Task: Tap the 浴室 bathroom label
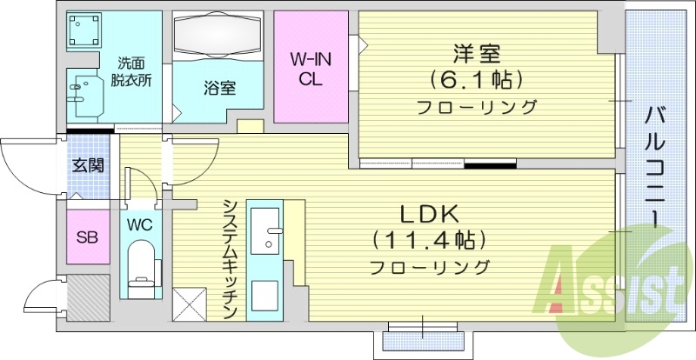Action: pyautogui.click(x=218, y=88)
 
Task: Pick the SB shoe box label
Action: pyautogui.click(x=87, y=237)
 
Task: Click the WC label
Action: pyautogui.click(x=140, y=224)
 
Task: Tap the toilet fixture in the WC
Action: pyautogui.click(x=140, y=265)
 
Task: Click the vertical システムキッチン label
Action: pyautogui.click(x=231, y=257)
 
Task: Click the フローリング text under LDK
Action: pyautogui.click(x=429, y=266)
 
